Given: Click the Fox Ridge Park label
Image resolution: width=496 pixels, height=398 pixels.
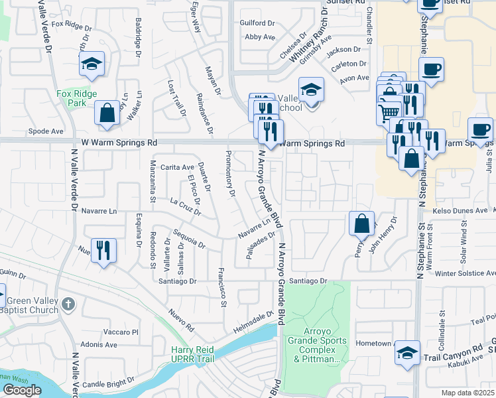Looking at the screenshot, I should (72, 99).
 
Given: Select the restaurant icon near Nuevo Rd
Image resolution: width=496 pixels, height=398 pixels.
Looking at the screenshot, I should (103, 251).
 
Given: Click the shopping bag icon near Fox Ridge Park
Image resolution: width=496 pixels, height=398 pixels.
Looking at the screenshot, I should (107, 113).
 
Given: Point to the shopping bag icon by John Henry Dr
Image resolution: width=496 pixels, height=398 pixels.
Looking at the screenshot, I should (362, 224).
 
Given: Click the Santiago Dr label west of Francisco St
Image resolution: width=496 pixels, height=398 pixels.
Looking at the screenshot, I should (178, 281).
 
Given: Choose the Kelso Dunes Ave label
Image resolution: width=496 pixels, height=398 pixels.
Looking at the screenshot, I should (460, 210).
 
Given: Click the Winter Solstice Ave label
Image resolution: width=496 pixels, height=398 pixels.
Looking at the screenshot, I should (465, 273).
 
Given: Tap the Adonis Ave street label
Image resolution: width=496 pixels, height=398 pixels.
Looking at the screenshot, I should (98, 345).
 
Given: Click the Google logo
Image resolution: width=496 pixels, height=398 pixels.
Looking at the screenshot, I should (22, 390).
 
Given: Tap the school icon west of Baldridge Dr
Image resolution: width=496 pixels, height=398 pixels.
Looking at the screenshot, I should (92, 64).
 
